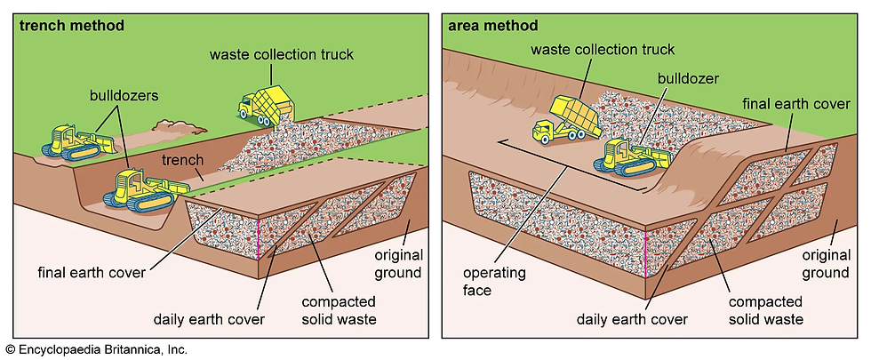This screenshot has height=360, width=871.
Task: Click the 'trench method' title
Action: click(72, 26)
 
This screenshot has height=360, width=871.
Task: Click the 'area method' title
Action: click(492, 26)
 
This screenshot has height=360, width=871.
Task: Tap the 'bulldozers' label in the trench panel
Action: click(124, 96)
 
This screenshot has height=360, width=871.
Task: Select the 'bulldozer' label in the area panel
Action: click(688, 78)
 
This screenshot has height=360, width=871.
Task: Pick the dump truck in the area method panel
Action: click(567, 119)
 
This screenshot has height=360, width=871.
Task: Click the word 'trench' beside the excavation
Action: click(183, 161)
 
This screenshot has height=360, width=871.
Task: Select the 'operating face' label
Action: click(487, 281)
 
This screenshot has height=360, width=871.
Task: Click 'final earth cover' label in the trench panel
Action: click(92, 272)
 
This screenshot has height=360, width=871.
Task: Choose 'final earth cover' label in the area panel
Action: click(796, 104)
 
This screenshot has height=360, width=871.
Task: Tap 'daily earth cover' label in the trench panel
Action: click(209, 319)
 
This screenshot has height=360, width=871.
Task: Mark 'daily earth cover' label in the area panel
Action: click(632, 319)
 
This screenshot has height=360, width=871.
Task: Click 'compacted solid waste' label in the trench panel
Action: click(339, 310)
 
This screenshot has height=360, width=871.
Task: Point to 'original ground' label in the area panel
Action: click(826, 264)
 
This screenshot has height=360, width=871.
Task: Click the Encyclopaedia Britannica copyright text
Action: click(97, 349)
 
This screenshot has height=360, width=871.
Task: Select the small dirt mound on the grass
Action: click(180, 125)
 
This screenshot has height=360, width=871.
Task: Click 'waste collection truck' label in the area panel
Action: click(603, 50)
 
